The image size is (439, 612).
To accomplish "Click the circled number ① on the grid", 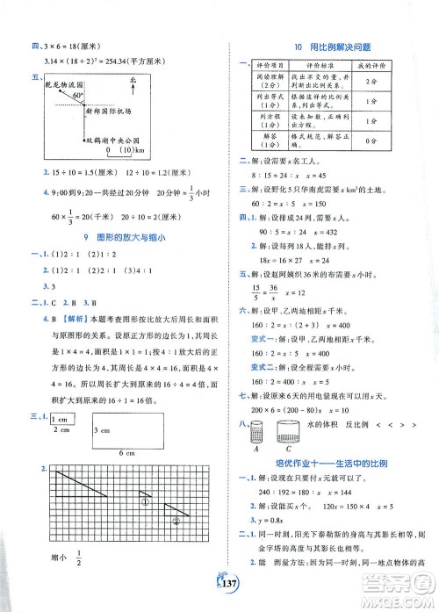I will (148, 504).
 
